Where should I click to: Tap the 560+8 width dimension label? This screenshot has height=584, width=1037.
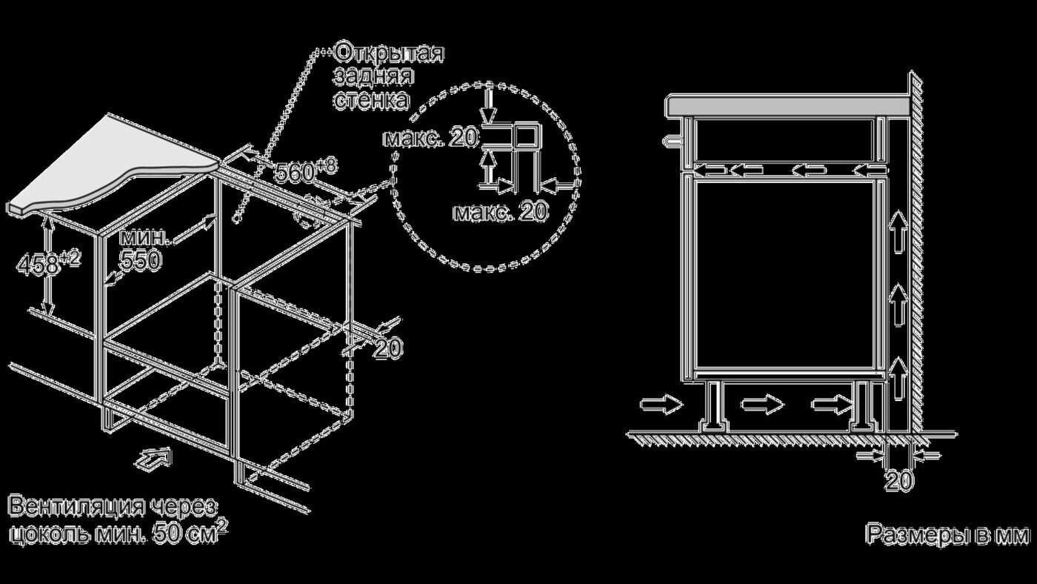[304, 172]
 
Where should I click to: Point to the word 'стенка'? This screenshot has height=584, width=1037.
[370, 100]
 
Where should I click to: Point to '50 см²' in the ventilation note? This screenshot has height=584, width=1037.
[188, 531]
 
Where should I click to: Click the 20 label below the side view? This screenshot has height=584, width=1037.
[899, 481]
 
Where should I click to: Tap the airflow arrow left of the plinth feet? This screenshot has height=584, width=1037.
[661, 405]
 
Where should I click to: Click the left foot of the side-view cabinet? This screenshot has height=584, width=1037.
[714, 407]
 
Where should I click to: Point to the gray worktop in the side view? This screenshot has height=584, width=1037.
[785, 104]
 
